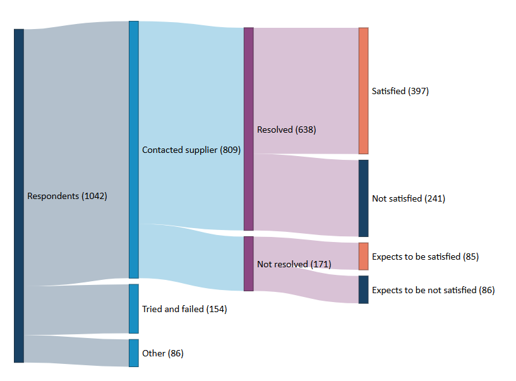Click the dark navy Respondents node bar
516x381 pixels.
(x=19, y=196)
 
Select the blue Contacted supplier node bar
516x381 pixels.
(x=134, y=150)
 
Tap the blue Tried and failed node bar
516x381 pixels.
(x=134, y=309)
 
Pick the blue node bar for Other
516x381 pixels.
(x=134, y=353)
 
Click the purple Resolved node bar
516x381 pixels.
(x=248, y=129)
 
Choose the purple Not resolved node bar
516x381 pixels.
(x=248, y=263)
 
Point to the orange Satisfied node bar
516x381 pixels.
(x=363, y=91)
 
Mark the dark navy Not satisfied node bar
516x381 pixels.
(x=363, y=198)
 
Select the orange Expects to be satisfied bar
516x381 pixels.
(x=363, y=257)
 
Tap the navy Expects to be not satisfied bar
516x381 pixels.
(x=363, y=290)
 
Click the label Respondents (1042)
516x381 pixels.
(x=67, y=197)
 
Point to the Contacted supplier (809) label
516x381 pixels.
(x=191, y=150)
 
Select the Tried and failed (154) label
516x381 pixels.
(x=184, y=309)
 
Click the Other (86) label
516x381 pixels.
(x=163, y=353)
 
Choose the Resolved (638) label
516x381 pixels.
(x=287, y=130)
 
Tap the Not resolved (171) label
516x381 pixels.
(x=294, y=264)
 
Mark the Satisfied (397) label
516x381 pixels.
(x=400, y=91)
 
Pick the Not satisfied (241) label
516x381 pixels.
(x=409, y=198)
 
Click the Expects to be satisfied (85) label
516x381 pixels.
(x=425, y=257)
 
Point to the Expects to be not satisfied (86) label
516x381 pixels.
(x=433, y=290)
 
